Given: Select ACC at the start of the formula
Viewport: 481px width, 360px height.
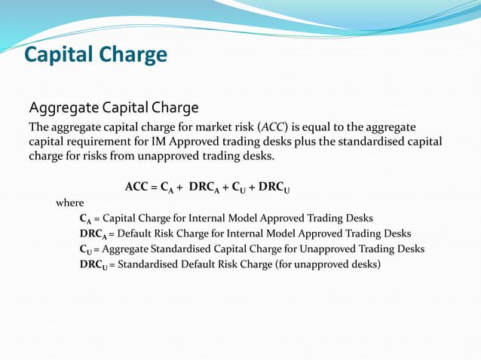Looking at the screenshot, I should pos(136,187).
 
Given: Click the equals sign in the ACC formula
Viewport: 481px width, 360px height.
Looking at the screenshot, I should pos(154,187).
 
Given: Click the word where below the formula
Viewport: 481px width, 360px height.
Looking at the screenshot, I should pos(70,203).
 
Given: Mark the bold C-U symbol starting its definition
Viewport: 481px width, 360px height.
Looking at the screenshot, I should pos(86,249).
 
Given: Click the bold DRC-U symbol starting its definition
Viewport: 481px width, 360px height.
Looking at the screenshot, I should pos(93,265).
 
